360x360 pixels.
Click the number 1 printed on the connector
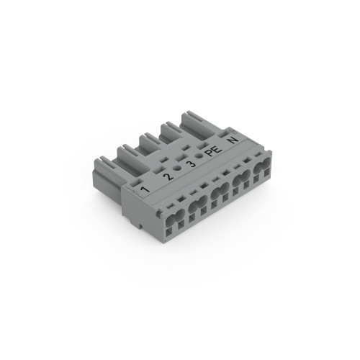tap(145, 189)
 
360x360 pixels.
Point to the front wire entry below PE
tap(240, 181)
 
